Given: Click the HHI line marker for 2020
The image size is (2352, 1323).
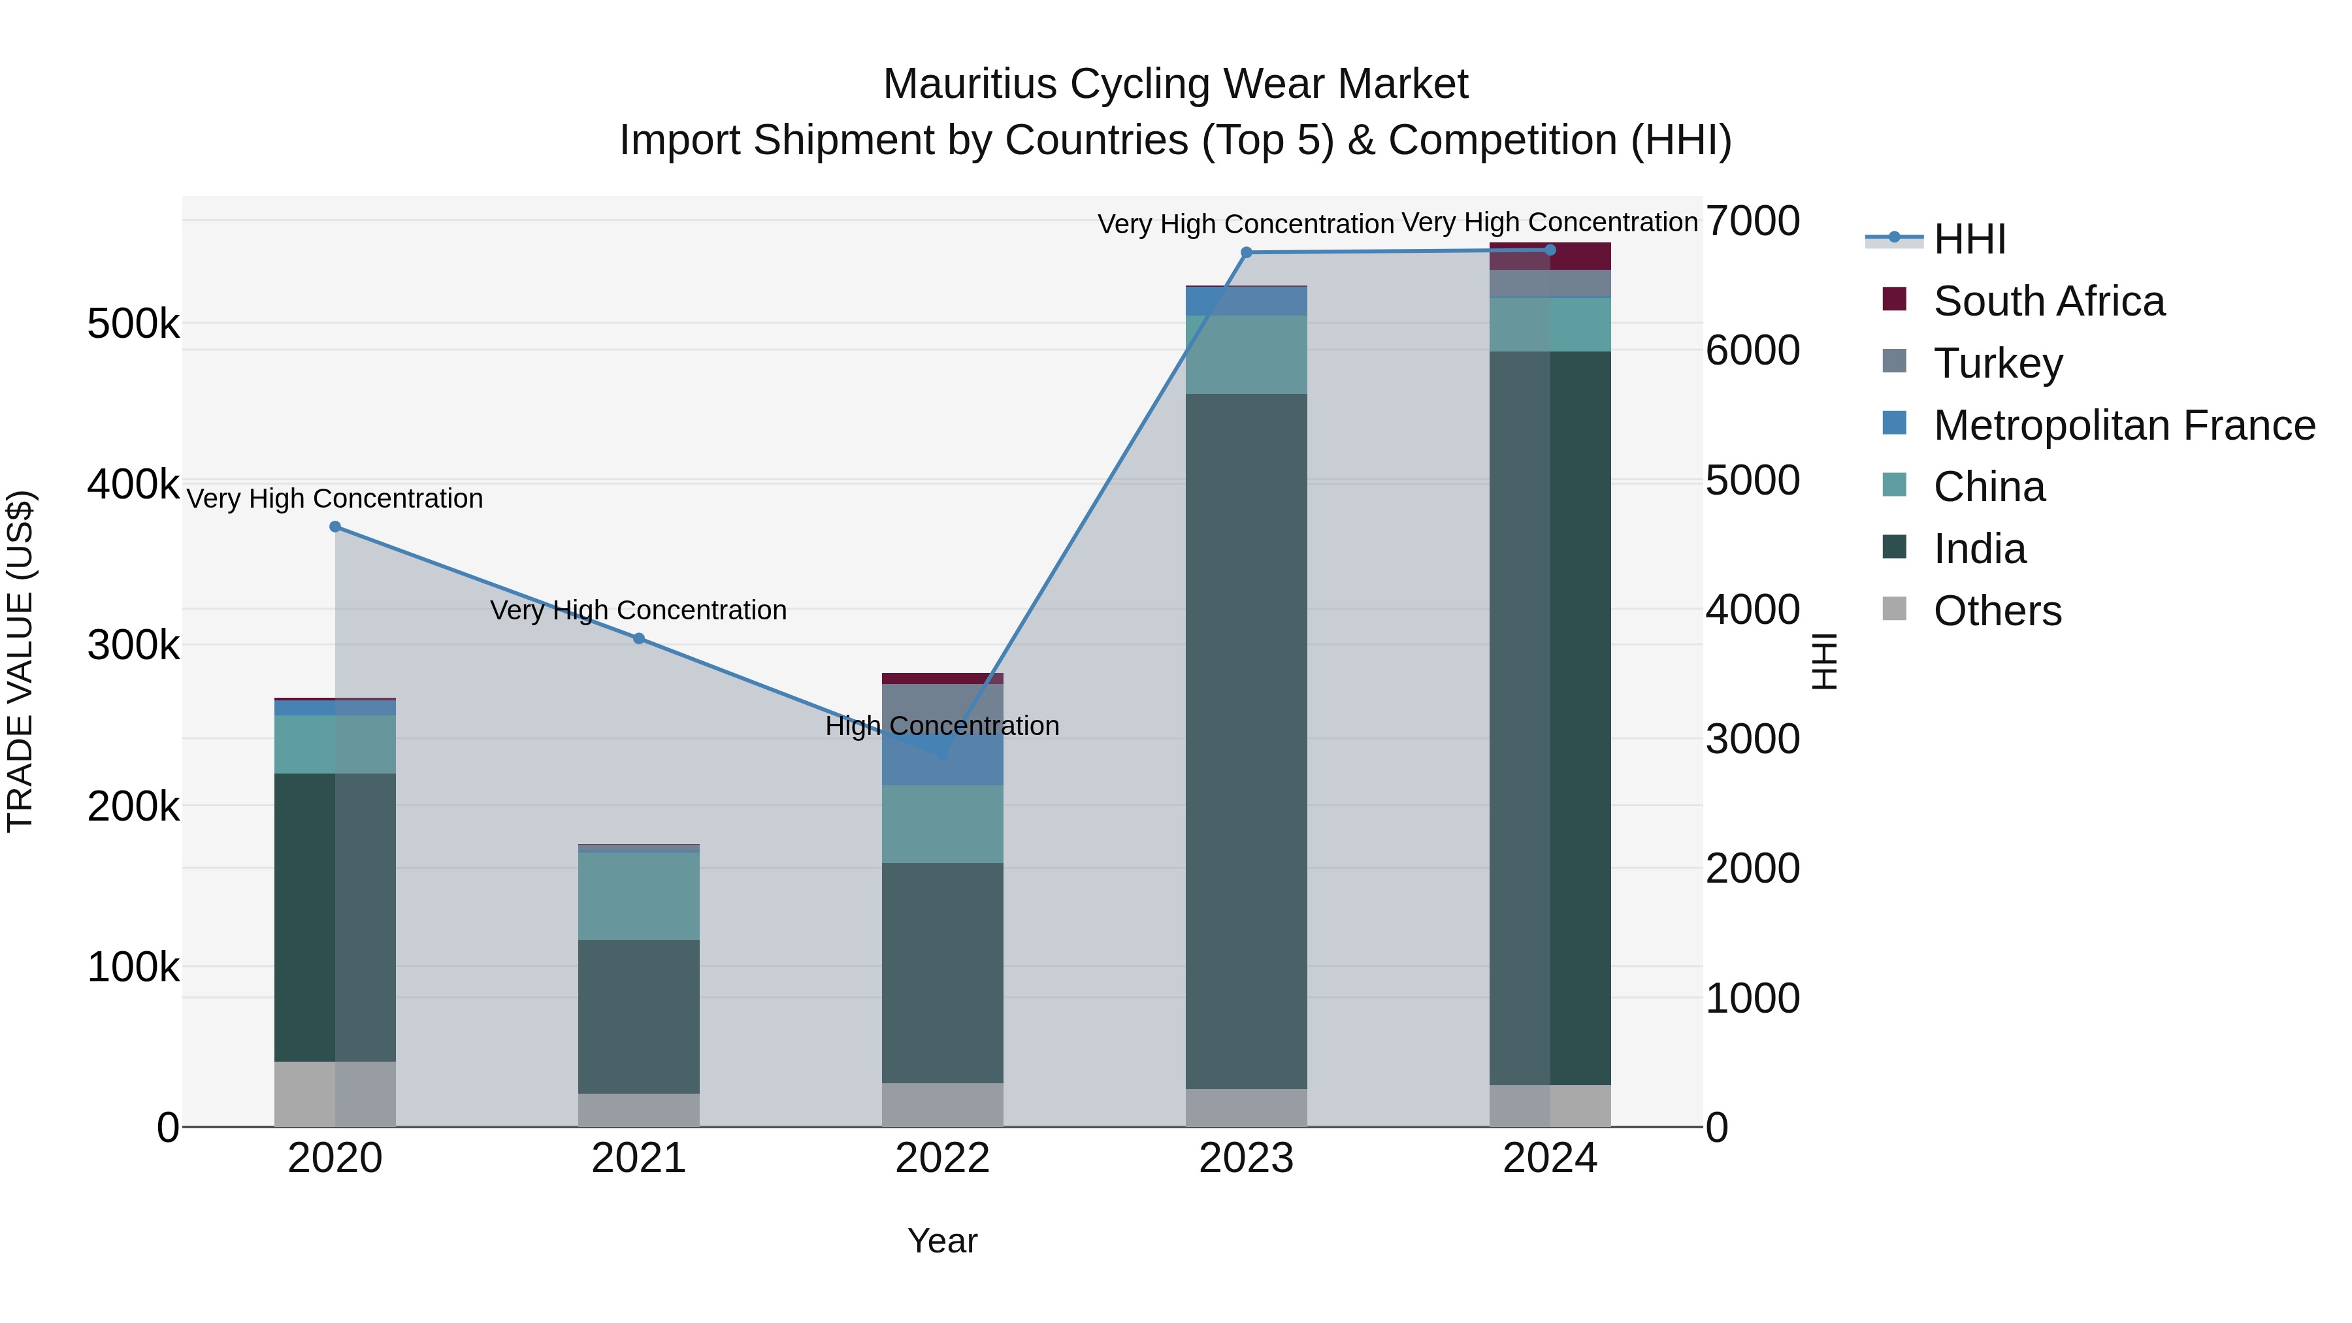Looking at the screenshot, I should [335, 527].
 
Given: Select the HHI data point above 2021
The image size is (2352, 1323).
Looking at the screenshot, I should [639, 638].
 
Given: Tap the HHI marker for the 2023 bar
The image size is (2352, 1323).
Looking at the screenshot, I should [1247, 252].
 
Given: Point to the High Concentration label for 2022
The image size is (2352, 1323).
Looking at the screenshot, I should [942, 726].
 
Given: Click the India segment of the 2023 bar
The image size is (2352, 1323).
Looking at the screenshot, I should [1247, 740].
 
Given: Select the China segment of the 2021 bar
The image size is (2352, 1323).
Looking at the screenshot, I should [639, 895].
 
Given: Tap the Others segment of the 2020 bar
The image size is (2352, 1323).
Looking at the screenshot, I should [335, 1093].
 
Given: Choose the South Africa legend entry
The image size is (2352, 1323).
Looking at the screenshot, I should [2048, 301].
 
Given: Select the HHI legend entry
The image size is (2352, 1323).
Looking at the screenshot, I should [1969, 239].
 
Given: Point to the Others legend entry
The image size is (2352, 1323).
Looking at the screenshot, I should [1997, 611].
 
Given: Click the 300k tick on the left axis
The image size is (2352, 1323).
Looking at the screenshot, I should [133, 645].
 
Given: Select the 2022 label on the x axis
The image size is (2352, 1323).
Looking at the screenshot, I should [942, 1158].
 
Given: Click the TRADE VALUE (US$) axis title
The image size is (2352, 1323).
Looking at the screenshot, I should [20, 661].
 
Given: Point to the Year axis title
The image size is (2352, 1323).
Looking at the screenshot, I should [942, 1241].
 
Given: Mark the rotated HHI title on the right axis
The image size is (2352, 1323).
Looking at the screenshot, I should [1823, 661].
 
